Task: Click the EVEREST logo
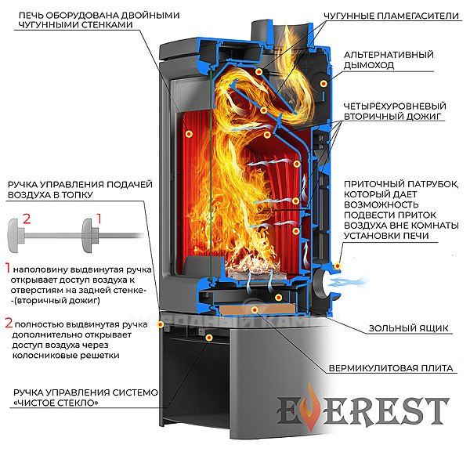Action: [x=363, y=409]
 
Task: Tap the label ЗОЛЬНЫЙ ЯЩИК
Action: [x=409, y=328]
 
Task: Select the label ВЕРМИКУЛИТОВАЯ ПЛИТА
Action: [x=391, y=368]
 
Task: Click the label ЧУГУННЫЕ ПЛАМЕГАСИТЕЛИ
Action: [x=391, y=16]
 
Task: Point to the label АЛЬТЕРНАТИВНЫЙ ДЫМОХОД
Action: [x=389, y=60]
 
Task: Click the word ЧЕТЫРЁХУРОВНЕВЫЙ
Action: [x=395, y=106]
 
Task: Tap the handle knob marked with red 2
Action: [x=16, y=235]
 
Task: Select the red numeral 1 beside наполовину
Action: [x=8, y=268]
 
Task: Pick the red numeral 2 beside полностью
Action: [x=9, y=323]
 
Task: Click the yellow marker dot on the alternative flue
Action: [x=324, y=83]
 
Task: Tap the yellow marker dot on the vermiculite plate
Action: [x=255, y=309]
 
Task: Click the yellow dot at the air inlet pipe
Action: [x=338, y=266]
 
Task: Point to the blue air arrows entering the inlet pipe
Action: [x=348, y=282]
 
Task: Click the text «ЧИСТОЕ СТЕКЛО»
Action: [x=56, y=403]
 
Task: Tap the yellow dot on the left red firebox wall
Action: [x=189, y=134]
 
